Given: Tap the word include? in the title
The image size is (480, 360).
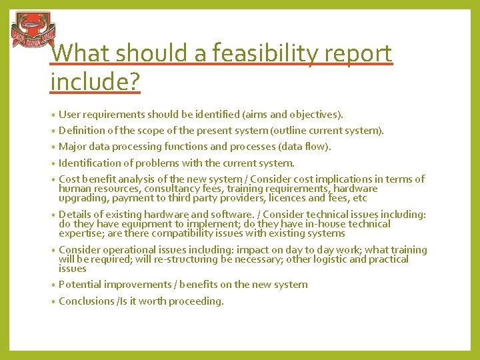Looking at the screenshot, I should (x=95, y=82).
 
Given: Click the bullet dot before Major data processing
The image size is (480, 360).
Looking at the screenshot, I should (x=53, y=147).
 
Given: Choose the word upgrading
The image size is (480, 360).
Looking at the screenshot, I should (x=83, y=198).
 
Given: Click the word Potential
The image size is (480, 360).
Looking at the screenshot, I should (x=79, y=285).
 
